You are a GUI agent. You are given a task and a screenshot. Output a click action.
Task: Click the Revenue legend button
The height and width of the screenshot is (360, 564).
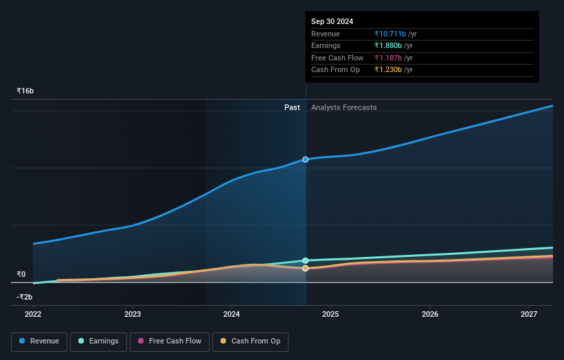click(38, 341)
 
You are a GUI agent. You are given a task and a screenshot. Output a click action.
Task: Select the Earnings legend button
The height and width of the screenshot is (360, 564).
click(98, 341)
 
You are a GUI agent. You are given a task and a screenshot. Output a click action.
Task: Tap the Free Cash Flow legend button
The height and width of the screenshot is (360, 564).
click(168, 341)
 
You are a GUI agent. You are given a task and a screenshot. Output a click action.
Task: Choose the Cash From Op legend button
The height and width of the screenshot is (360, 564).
click(251, 341)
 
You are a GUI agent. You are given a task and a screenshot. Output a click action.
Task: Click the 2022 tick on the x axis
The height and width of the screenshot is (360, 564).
click(33, 314)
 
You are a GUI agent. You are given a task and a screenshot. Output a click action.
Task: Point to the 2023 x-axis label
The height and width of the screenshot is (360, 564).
click(133, 314)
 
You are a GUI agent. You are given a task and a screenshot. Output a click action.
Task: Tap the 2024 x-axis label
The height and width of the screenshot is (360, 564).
click(232, 314)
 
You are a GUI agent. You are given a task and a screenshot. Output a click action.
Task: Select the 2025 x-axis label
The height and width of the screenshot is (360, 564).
click(331, 314)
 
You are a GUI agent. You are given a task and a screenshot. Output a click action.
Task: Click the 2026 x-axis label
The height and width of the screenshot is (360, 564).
click(430, 314)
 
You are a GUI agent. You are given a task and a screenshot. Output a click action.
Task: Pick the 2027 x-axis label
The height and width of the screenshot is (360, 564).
click(529, 314)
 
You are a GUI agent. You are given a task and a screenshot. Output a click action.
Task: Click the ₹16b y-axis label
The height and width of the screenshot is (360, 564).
click(25, 91)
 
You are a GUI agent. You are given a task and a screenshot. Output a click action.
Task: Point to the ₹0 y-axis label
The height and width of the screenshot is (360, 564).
click(21, 274)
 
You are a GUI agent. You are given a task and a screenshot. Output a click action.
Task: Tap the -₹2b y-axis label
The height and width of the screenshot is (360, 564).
click(25, 297)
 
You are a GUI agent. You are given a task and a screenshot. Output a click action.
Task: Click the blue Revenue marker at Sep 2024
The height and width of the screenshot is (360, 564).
click(306, 159)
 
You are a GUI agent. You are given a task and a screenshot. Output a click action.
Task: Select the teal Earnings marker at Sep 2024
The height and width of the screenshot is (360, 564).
click(306, 260)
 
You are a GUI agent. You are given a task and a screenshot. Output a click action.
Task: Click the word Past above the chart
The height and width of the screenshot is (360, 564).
click(292, 107)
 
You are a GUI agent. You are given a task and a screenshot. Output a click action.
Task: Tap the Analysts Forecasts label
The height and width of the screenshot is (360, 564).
click(343, 107)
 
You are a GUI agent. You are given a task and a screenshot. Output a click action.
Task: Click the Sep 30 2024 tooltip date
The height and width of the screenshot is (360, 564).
click(332, 21)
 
